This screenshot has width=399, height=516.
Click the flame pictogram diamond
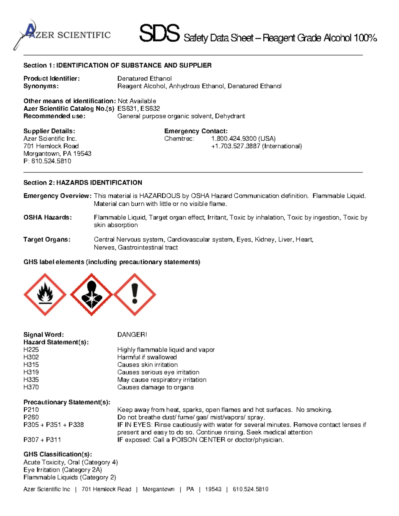click(45, 294)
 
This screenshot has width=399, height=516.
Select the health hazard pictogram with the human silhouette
click(91, 294)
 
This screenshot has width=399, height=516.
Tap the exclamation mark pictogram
click(135, 294)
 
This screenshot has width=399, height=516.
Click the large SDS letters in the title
click(159, 34)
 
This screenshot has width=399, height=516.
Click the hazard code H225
click(31, 350)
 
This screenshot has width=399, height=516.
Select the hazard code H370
click(31, 387)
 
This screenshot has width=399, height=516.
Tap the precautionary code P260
click(31, 417)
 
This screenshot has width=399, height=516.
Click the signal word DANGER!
click(132, 335)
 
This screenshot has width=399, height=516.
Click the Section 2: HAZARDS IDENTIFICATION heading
click(83, 182)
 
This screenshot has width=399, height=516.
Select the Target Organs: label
click(47, 239)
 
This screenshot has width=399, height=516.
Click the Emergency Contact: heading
click(196, 131)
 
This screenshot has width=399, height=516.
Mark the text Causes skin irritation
click(147, 364)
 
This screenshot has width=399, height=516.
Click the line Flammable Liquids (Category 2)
click(70, 477)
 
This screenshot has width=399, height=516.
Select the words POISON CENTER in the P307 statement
click(199, 440)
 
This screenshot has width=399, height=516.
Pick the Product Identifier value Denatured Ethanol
click(144, 78)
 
